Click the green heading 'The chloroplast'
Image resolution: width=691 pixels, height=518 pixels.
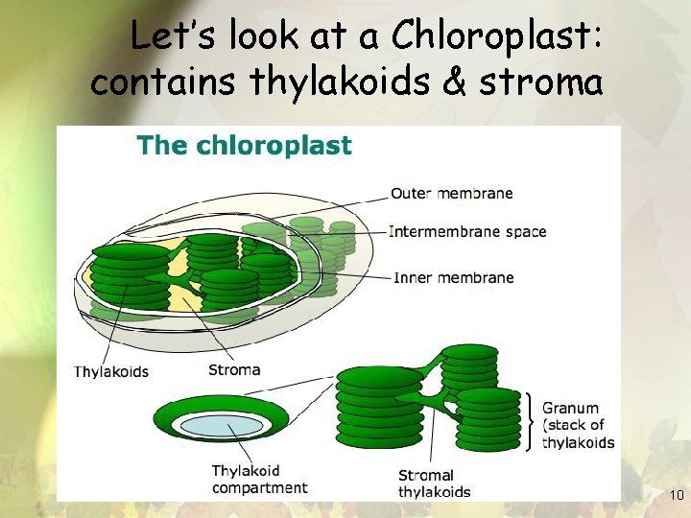(x=244, y=147)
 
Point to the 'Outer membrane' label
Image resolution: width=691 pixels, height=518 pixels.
(x=451, y=193)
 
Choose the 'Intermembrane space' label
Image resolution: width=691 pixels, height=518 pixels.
(x=467, y=231)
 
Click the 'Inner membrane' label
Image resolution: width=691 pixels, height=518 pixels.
(x=453, y=278)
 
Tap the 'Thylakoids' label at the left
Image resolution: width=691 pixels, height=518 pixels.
(x=111, y=371)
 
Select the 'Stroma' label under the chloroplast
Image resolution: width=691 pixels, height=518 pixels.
(x=233, y=369)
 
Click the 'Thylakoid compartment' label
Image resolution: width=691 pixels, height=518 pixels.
(x=259, y=480)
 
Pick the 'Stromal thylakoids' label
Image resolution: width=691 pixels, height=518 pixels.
(x=434, y=483)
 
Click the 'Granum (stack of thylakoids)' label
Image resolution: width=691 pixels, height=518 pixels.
(x=578, y=425)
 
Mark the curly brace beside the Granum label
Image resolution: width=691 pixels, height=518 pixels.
(x=530, y=421)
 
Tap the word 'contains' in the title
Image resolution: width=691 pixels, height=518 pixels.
(x=164, y=82)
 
